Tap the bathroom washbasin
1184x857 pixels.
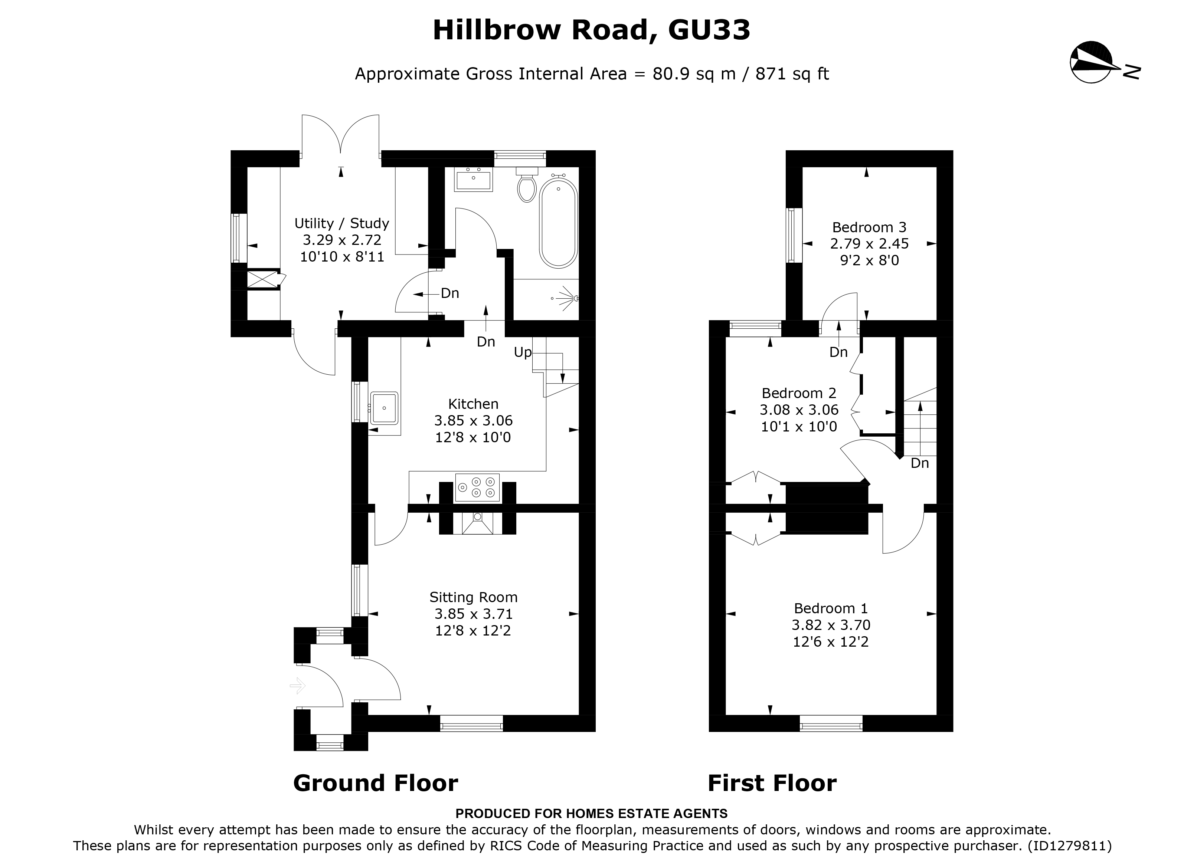click(x=474, y=181)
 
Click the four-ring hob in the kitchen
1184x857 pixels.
click(x=477, y=488)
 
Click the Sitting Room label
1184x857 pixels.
click(x=473, y=597)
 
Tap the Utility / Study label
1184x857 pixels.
click(x=341, y=223)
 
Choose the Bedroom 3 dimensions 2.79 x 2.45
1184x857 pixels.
click(x=869, y=244)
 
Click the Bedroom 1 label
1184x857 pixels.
click(x=831, y=608)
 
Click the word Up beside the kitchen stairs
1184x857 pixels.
click(x=523, y=352)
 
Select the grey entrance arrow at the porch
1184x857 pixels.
click(x=298, y=685)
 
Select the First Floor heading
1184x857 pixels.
click(x=772, y=783)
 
